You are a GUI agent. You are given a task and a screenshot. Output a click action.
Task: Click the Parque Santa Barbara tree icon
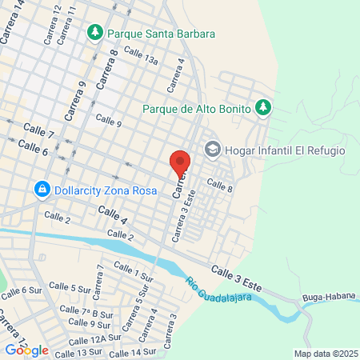click(x=95, y=33)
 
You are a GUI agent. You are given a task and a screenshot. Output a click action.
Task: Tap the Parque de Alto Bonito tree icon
click(x=262, y=107)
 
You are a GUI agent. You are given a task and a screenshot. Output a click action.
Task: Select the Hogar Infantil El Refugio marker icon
click(x=212, y=149)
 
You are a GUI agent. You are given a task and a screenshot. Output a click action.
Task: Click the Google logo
click(x=26, y=350)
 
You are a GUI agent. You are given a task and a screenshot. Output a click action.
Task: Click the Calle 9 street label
click(x=108, y=121)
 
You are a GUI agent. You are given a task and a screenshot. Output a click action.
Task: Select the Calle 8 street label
click(x=219, y=185)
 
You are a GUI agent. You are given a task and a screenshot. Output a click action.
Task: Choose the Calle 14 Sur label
click(x=132, y=352)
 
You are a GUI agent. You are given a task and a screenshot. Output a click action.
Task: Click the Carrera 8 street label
click(x=107, y=70)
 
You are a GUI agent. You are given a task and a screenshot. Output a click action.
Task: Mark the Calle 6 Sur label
click(x=20, y=294)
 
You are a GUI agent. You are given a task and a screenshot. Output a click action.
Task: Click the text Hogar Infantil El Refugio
click(x=286, y=150)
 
